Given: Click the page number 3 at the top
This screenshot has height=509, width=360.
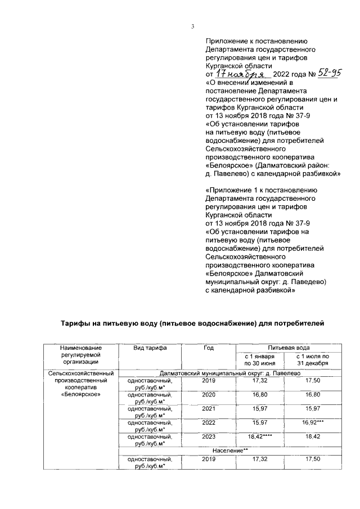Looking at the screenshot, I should (192, 26).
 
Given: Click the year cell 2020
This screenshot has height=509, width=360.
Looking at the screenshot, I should (209, 395).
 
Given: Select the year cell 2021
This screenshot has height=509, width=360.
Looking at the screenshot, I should (209, 409).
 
